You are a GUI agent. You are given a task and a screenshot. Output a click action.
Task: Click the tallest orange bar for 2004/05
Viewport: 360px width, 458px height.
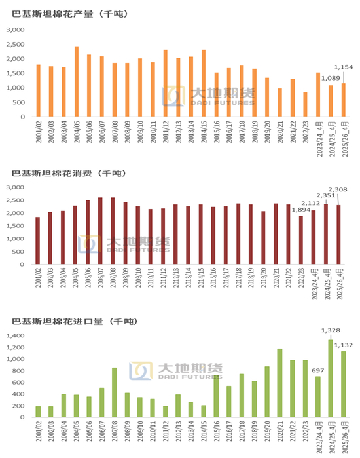77,82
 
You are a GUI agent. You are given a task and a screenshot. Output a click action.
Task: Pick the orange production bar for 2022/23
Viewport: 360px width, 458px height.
305,105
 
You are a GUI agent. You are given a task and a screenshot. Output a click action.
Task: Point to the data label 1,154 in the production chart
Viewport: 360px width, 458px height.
344,67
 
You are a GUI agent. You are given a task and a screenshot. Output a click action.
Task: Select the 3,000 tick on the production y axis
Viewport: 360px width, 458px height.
15,30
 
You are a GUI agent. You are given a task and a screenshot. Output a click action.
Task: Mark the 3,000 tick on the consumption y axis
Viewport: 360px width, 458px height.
15,187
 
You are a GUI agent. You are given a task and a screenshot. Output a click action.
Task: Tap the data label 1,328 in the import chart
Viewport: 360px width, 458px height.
331,330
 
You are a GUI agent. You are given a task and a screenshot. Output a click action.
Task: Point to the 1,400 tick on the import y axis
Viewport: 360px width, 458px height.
15,335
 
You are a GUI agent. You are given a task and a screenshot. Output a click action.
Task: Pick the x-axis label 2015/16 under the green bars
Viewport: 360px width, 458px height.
215,434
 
